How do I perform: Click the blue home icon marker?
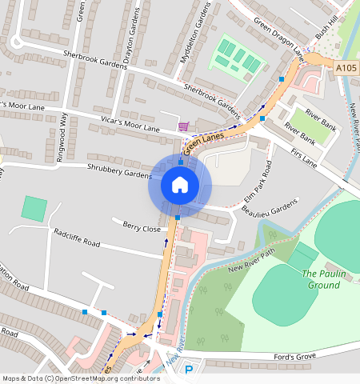(x=180, y=186)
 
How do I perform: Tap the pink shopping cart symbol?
(x=185, y=126)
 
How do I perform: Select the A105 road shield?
(x=346, y=69)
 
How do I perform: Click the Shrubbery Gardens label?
(x=120, y=173)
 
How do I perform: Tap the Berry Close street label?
(x=142, y=227)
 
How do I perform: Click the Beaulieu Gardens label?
(x=269, y=210)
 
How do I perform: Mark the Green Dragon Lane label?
(x=282, y=37)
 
